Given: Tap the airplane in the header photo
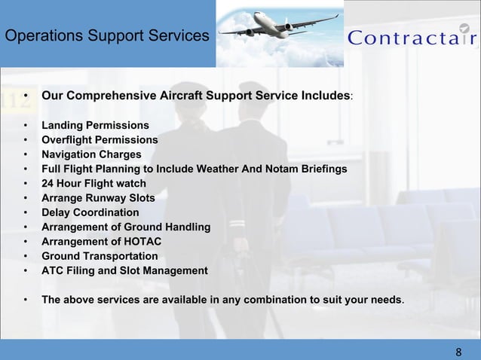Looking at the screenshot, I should pos(279,26).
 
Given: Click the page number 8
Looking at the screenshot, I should pos(458,352).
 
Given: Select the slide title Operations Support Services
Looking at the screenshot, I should pos(106,35).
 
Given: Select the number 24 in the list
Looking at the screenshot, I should pos(48,183).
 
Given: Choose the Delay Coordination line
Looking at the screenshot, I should pos(90,212).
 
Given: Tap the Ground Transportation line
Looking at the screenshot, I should pos(100,256).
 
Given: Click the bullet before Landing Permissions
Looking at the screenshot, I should pos(26,125).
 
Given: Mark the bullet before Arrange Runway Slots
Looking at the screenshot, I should pos(26,198).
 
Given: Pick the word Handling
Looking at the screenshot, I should pos(186,227).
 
